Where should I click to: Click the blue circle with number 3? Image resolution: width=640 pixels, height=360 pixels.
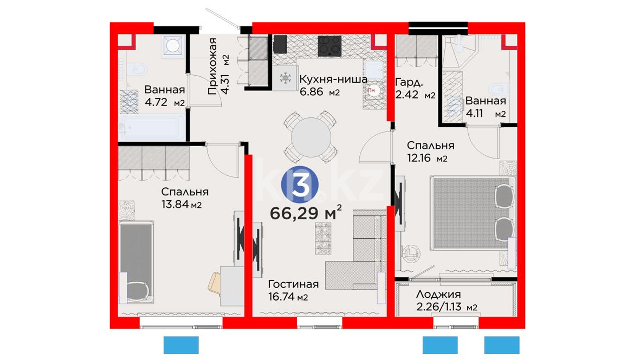click(300, 185)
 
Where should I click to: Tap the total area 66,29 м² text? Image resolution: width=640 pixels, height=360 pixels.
click(306, 213)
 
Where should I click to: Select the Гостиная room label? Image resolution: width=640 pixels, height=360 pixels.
click(293, 284)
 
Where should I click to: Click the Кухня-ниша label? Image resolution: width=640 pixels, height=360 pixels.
click(333, 79)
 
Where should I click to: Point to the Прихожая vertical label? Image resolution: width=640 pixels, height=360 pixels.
click(212, 66)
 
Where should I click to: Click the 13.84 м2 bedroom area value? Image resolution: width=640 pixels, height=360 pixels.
click(181, 204)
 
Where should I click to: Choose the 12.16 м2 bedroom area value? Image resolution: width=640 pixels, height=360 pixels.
click(427, 157)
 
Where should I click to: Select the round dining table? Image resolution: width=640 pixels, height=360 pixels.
click(311, 137)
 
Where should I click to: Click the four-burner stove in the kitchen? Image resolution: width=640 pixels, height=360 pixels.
click(329, 46)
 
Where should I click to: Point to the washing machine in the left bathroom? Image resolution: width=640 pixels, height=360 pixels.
click(173, 46)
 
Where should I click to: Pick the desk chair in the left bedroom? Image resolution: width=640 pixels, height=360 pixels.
click(214, 283)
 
